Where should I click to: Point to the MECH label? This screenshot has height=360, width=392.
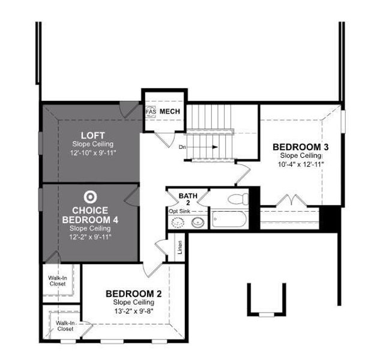[x=170, y=112]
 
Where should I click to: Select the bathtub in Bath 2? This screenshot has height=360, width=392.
[x=229, y=219]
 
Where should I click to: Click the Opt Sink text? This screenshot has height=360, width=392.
[x=181, y=211]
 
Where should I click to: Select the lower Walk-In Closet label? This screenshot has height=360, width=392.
[x=64, y=326]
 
